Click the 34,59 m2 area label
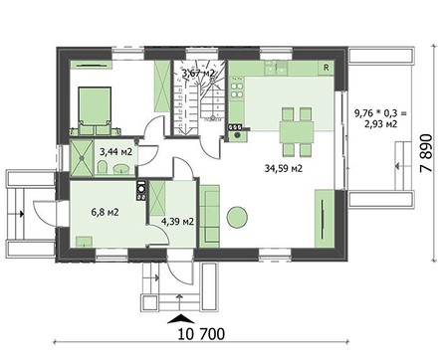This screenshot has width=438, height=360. [x=283, y=169]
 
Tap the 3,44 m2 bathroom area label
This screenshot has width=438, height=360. [x=115, y=153]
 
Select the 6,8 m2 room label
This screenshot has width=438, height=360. [x=106, y=211]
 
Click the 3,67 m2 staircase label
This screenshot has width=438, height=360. [x=196, y=73]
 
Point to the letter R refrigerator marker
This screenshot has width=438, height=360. [x=326, y=68]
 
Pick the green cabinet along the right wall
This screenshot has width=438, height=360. [x=324, y=216]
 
